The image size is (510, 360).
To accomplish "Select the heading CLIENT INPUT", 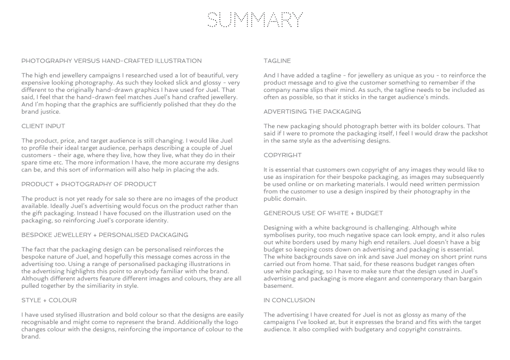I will (x=43, y=126).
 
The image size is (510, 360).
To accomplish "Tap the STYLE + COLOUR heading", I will (x=49, y=301).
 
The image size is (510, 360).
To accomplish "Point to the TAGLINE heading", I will (x=277, y=61).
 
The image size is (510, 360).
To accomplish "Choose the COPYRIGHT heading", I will (x=283, y=155).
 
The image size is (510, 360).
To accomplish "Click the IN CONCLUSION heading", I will (x=289, y=301).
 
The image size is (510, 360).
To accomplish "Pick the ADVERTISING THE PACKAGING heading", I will (x=312, y=112).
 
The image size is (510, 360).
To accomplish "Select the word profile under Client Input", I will (x=41, y=148).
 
